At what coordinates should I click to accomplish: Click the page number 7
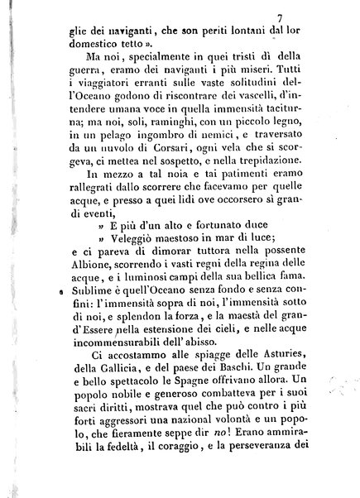[305, 16]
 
